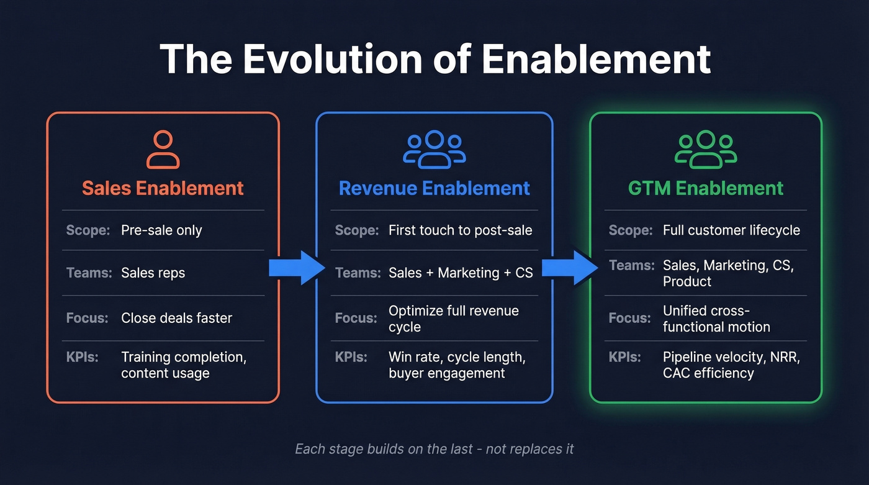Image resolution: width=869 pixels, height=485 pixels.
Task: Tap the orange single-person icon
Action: point(163,150)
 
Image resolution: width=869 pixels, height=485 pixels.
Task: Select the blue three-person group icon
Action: point(434,150)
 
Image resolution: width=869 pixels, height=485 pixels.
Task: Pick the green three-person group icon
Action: point(706,150)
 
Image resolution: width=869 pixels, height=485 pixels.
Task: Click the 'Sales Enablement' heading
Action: point(163,188)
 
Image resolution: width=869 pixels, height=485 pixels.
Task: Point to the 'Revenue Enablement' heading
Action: point(434,188)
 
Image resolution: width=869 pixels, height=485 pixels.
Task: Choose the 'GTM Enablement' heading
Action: point(706,188)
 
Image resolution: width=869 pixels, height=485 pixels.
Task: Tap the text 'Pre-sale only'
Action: point(161,230)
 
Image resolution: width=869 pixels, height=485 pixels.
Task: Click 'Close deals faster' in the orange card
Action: point(176,319)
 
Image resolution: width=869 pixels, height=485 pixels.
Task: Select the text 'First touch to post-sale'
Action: point(460,230)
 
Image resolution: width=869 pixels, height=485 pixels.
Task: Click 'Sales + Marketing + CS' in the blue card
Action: point(461,273)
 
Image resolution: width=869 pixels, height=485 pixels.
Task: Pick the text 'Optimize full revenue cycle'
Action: point(453,319)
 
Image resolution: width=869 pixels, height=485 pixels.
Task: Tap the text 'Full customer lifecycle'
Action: point(731,230)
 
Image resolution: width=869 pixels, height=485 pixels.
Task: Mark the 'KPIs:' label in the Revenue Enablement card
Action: point(351,357)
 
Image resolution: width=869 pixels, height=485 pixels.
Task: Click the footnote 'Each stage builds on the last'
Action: point(434,448)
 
